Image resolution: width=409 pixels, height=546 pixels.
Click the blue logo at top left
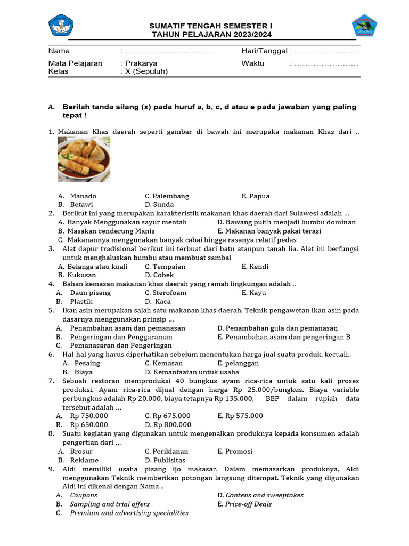pyautogui.click(x=61, y=25)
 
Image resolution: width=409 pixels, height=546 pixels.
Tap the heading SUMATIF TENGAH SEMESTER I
pyautogui.click(x=210, y=26)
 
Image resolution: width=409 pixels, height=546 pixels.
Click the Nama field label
pyautogui.click(x=59, y=51)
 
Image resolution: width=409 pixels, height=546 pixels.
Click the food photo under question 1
pyautogui.click(x=84, y=159)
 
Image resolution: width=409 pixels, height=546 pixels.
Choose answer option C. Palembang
pyautogui.click(x=167, y=196)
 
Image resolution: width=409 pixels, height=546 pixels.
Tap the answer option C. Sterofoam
pyautogui.click(x=166, y=292)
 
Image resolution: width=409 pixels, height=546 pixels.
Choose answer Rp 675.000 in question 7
pyautogui.click(x=167, y=415)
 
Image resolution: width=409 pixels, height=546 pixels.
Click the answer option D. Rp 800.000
pyautogui.click(x=168, y=424)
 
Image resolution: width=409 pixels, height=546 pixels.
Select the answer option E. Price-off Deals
pyautogui.click(x=244, y=504)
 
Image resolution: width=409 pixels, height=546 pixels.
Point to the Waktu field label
pyautogui.click(x=252, y=63)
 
